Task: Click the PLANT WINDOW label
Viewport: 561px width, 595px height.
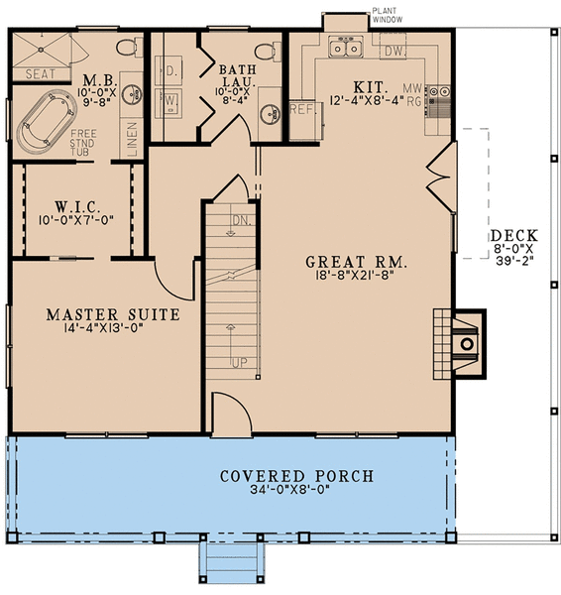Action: (385, 14)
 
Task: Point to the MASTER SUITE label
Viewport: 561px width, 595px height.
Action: (112, 315)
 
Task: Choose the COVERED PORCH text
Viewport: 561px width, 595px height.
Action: (296, 476)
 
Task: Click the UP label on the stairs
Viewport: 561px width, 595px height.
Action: (237, 362)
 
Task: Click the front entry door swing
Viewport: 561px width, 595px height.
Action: (227, 412)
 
